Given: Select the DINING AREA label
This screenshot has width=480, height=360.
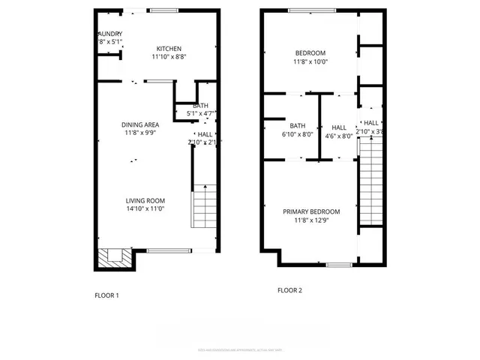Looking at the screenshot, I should pyautogui.click(x=139, y=124).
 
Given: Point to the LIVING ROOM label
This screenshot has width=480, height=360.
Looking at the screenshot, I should pyautogui.click(x=145, y=200).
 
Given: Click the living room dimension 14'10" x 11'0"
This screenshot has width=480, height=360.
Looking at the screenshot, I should pyautogui.click(x=145, y=209).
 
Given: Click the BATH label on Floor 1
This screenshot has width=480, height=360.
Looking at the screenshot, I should pyautogui.click(x=201, y=106).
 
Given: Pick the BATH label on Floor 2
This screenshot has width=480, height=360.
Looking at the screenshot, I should pyautogui.click(x=298, y=126).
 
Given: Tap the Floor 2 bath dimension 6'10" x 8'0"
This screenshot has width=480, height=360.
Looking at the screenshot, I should pyautogui.click(x=298, y=135).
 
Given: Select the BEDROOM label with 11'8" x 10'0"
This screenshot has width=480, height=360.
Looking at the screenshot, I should pyautogui.click(x=310, y=52).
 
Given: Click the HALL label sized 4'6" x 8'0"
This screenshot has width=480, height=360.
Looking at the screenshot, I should pyautogui.click(x=339, y=127).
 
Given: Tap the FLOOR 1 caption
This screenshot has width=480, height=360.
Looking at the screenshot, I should pyautogui.click(x=106, y=295).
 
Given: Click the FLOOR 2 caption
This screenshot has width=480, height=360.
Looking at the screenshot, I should pyautogui.click(x=289, y=289).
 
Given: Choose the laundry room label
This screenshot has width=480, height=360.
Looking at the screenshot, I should pyautogui.click(x=109, y=34).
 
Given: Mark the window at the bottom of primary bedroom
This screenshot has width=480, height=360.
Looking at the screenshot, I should pyautogui.click(x=338, y=265).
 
